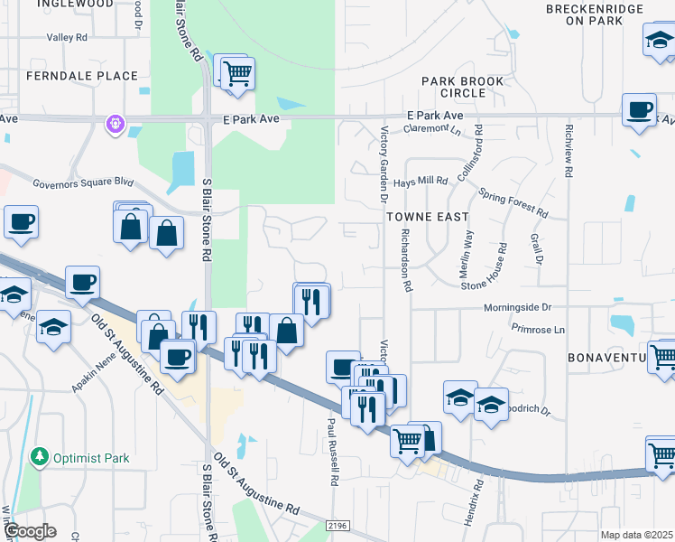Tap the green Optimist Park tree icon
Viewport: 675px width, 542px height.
click(39, 457)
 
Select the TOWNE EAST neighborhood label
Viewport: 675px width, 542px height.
click(428, 217)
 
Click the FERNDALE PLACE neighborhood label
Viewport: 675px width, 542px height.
click(82, 76)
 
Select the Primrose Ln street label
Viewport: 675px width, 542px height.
click(537, 330)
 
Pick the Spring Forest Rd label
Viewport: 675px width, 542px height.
click(513, 202)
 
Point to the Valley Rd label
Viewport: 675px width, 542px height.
click(67, 39)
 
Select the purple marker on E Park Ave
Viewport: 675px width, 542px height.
click(115, 122)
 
